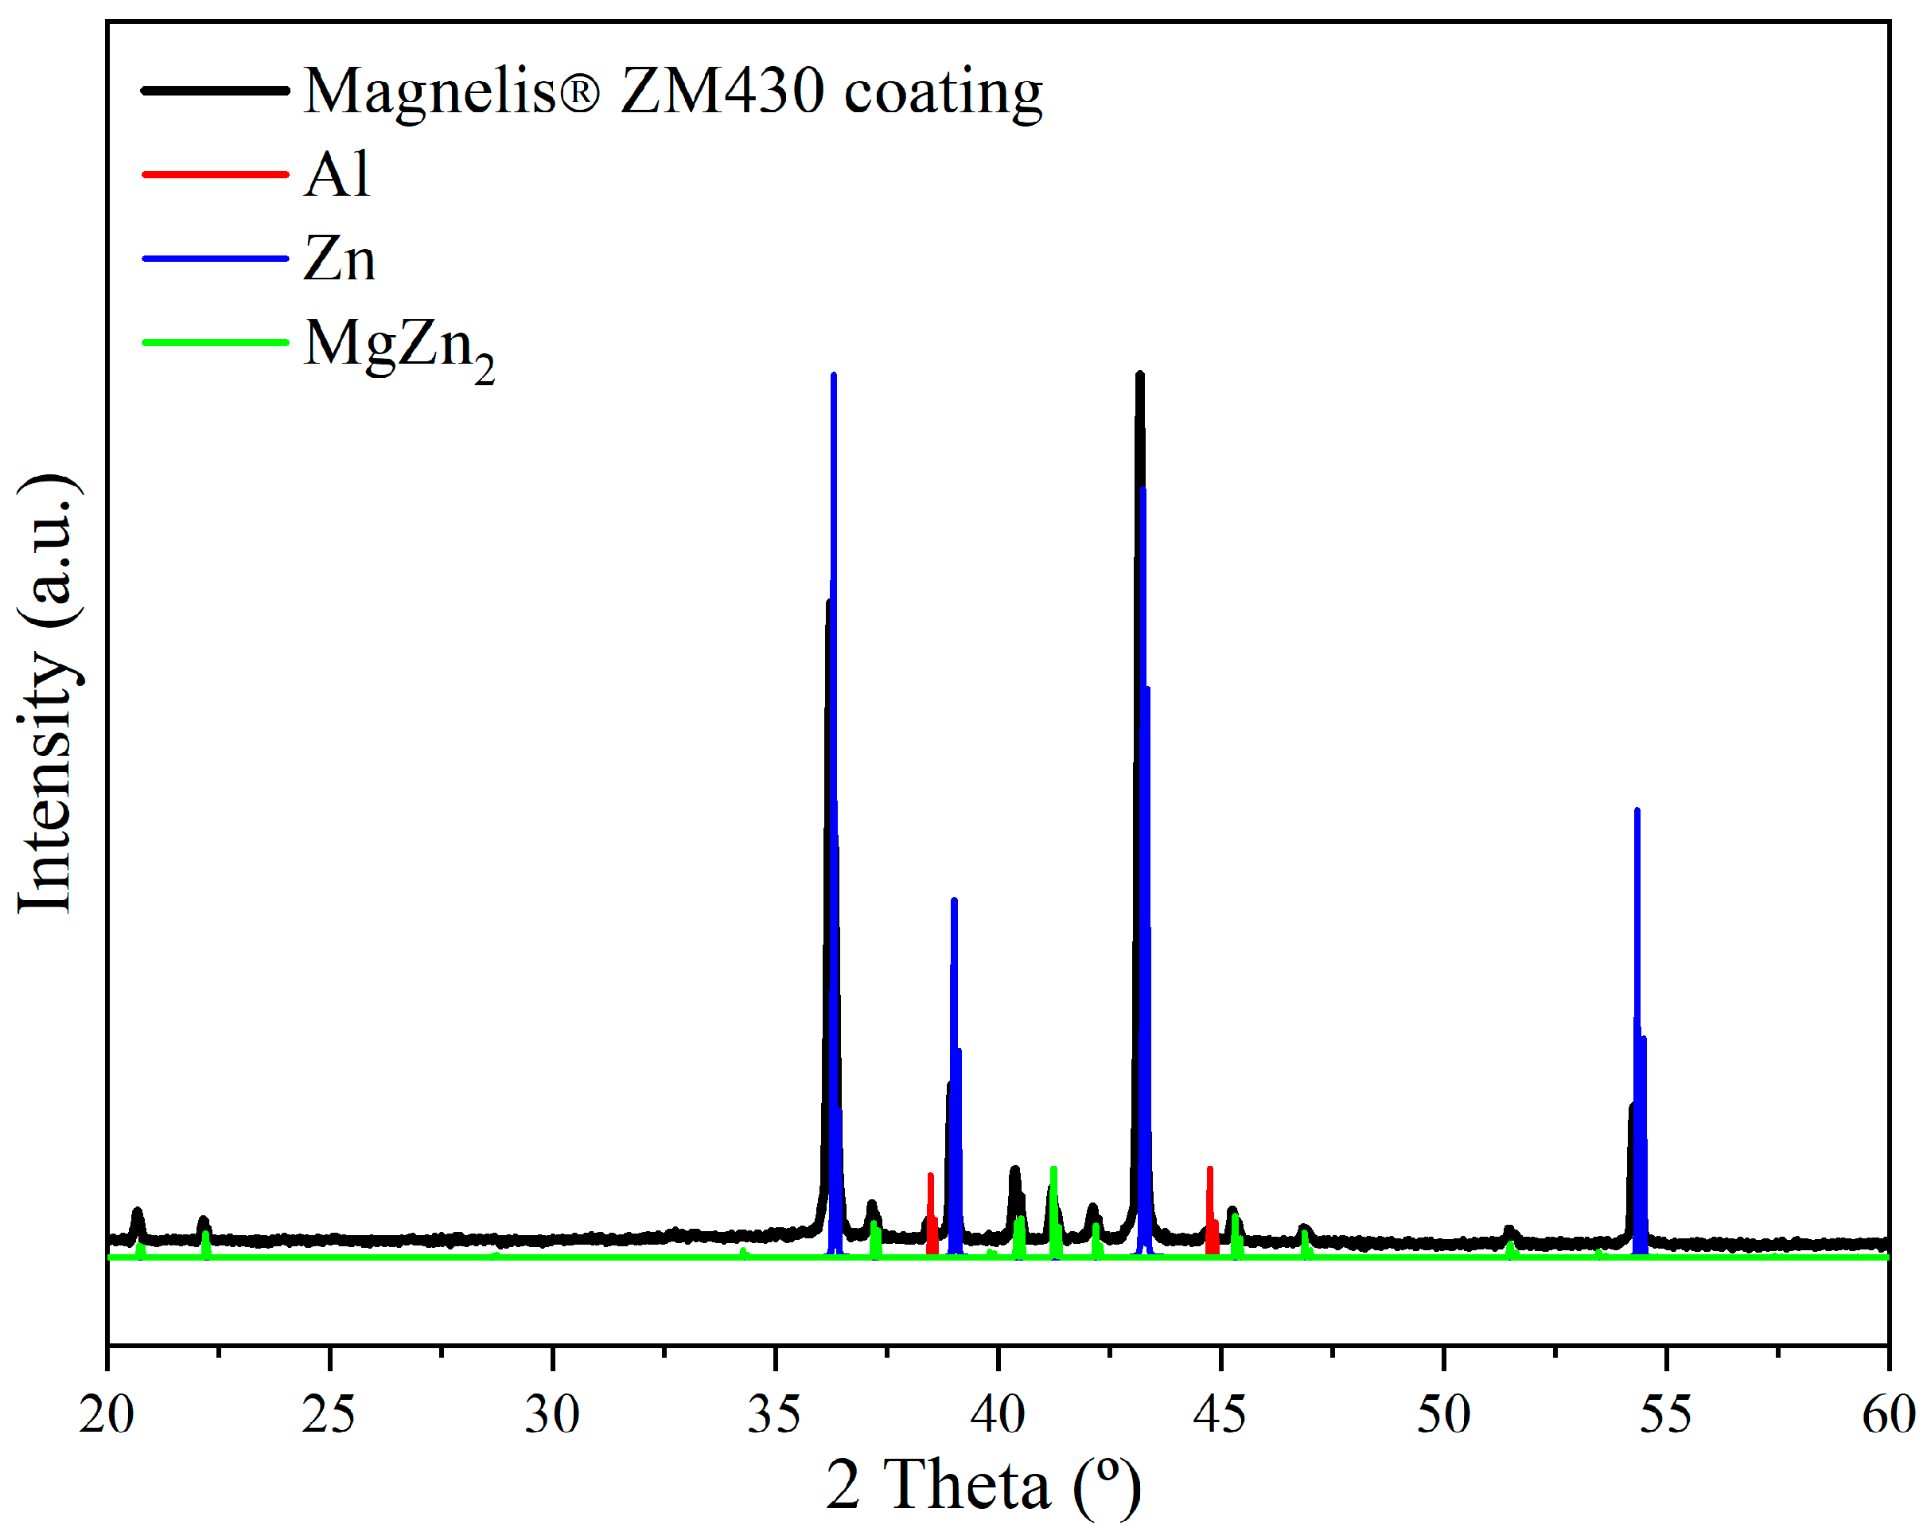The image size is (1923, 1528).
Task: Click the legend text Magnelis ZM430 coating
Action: click(673, 91)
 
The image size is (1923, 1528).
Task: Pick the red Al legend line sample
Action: click(215, 174)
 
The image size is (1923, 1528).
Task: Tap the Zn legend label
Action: click(339, 259)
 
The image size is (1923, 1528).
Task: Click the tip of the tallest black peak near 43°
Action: click(1139, 375)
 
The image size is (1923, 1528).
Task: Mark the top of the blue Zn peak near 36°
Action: click(833, 376)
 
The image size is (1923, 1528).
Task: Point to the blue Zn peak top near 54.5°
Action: click(1637, 811)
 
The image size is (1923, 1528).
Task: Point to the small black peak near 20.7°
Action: click(138, 1211)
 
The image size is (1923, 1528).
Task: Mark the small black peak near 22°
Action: click(204, 1219)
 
